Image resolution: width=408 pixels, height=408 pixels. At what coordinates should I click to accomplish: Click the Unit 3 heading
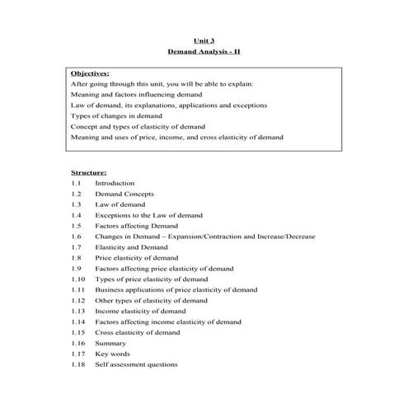203,39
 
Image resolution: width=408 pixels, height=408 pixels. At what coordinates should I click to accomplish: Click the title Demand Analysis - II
203,52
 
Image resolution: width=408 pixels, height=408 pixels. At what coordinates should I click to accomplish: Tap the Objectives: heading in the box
90,73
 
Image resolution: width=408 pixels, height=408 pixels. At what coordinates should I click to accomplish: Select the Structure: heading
88,172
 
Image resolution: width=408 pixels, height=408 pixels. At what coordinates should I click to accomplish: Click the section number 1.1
76,183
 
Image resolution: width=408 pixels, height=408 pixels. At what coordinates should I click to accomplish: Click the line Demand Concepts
124,194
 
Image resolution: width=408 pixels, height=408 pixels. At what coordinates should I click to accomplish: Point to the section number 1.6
76,237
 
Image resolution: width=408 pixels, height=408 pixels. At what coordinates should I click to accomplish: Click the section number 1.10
78,279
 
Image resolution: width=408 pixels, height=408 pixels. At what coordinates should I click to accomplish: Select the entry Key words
113,354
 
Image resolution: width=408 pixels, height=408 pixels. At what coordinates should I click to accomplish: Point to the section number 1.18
78,365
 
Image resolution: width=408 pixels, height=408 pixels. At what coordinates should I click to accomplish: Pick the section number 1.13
78,312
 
